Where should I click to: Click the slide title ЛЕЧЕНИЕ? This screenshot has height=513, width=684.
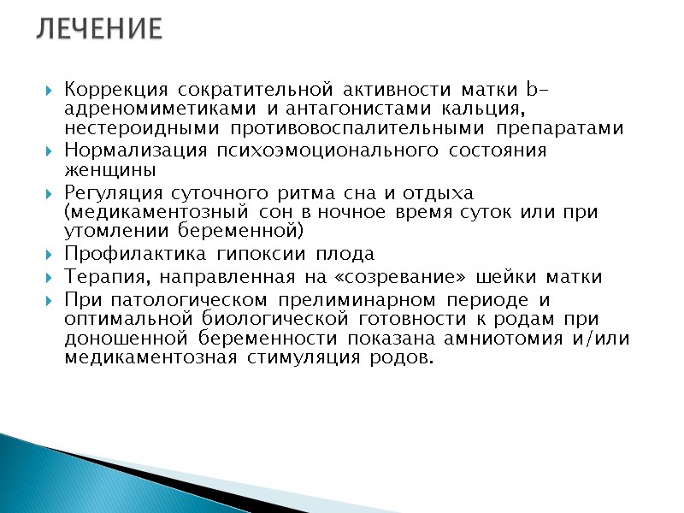[99, 30]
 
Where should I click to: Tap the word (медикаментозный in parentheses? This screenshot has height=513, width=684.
[147, 212]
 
